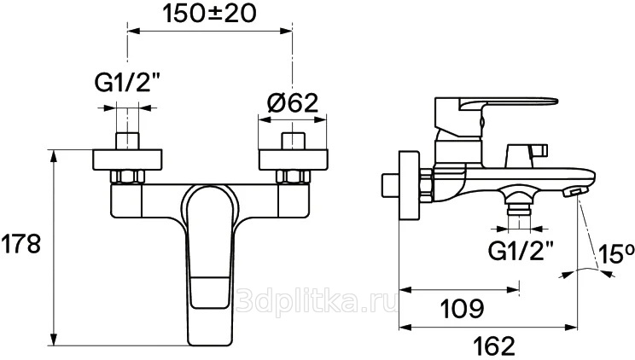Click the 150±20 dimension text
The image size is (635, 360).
(x=209, y=14)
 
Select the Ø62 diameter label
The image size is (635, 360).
(x=293, y=103)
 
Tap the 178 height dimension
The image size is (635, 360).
(x=20, y=244)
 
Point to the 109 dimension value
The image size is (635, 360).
(x=462, y=309)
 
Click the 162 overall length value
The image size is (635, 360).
(x=493, y=346)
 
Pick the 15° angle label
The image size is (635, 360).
(x=616, y=254)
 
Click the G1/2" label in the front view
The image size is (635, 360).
(x=127, y=84)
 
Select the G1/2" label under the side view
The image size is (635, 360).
(x=521, y=251)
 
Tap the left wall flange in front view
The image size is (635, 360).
(x=127, y=160)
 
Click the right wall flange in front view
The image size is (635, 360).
(x=294, y=160)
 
